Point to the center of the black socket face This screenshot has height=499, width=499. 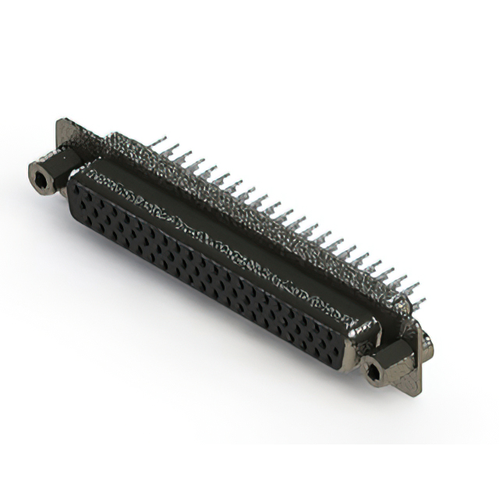[x=207, y=269]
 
